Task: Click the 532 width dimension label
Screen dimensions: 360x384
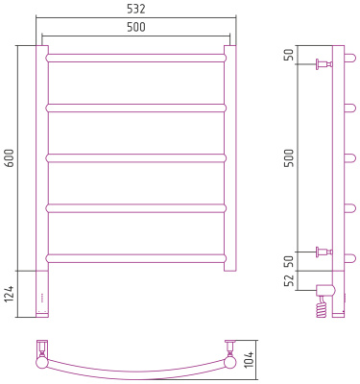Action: [136, 9]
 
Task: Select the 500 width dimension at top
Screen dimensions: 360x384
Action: [136, 28]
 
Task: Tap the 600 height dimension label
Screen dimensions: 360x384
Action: [11, 157]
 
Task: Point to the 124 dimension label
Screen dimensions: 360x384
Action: [10, 294]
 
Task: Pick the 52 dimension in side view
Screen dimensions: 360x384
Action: [289, 280]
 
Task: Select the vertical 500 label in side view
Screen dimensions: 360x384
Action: [289, 157]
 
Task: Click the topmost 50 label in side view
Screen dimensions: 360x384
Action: [289, 56]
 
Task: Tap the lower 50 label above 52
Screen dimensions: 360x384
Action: [289, 261]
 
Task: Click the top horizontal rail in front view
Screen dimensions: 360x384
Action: [136, 58]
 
